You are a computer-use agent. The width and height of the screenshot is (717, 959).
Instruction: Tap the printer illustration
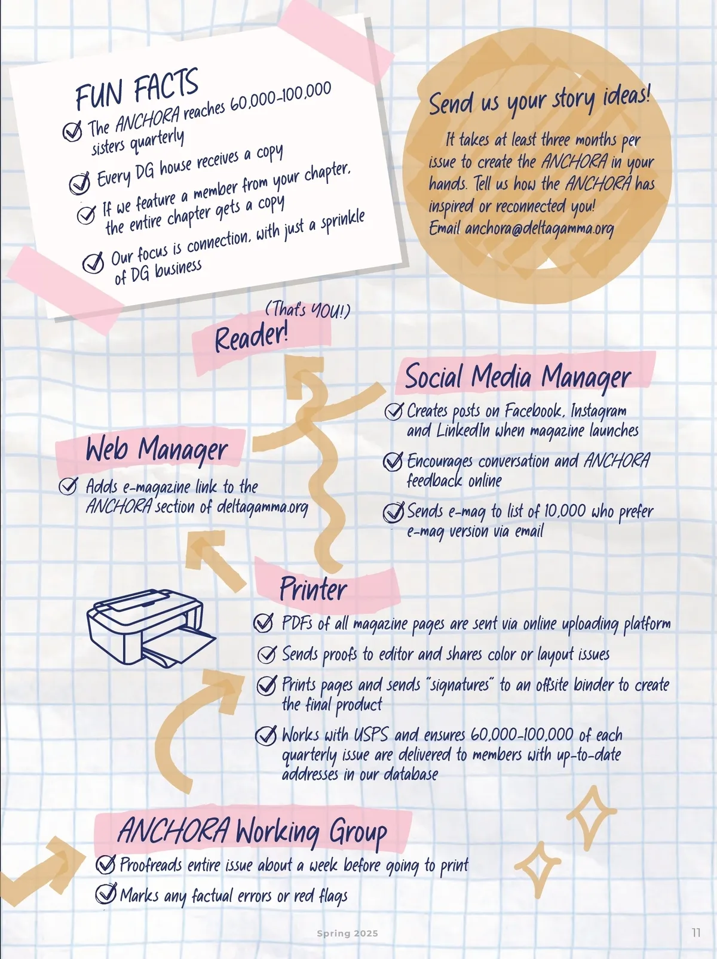[x=151, y=628]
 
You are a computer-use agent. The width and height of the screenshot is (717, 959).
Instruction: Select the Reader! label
[x=251, y=338]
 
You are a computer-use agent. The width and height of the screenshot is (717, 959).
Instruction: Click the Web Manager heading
[x=157, y=449]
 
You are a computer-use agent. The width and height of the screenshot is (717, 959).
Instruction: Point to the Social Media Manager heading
[x=517, y=377]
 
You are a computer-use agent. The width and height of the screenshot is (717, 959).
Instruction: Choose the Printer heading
[x=313, y=589]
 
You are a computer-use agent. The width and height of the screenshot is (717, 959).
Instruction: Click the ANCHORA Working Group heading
[x=252, y=831]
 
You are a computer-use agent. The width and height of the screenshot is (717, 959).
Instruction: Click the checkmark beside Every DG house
[x=79, y=183]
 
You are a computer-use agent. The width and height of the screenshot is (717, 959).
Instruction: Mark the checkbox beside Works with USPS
[x=266, y=735]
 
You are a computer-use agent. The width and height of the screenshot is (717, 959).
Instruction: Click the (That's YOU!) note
[x=308, y=310]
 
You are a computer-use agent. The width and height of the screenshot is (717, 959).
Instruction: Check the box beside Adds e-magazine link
[x=68, y=486]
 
